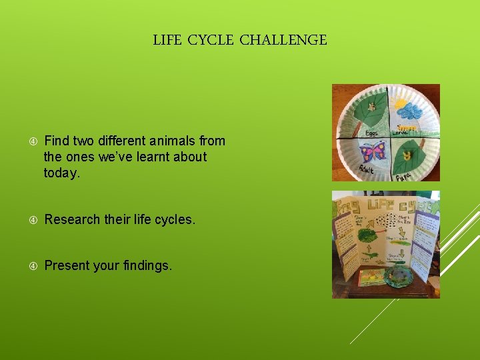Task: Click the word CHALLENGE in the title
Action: tap(283, 41)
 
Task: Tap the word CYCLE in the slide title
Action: tap(210, 41)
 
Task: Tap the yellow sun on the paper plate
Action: tap(401, 103)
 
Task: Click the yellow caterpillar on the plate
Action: tap(407, 127)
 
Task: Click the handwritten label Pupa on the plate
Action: tap(403, 177)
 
